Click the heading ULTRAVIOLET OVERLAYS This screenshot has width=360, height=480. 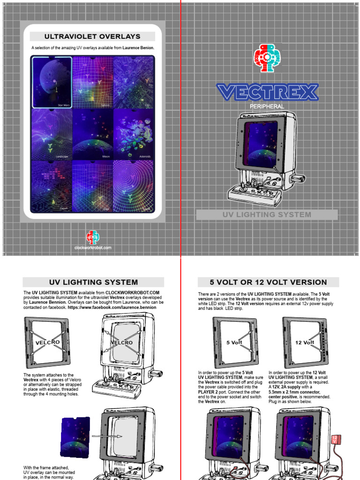(x=92, y=37)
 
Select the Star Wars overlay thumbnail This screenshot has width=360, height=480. (x=52, y=82)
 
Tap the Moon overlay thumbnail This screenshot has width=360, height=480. (x=92, y=135)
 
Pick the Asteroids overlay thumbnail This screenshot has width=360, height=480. (x=133, y=135)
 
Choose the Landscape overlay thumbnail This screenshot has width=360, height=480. (x=52, y=135)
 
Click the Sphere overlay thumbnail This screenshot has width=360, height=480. (x=92, y=82)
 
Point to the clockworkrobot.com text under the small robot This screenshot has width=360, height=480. (x=93, y=247)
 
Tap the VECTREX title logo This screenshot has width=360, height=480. (x=267, y=92)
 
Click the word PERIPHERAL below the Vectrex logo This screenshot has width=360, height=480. (x=267, y=106)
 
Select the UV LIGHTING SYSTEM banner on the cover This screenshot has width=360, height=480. (x=267, y=215)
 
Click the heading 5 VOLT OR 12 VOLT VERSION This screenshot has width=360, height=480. (x=269, y=282)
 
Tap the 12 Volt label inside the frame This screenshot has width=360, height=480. (x=305, y=342)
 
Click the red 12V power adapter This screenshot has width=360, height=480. (x=335, y=440)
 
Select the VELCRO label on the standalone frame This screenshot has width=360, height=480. (x=48, y=343)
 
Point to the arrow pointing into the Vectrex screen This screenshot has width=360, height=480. (x=107, y=436)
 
